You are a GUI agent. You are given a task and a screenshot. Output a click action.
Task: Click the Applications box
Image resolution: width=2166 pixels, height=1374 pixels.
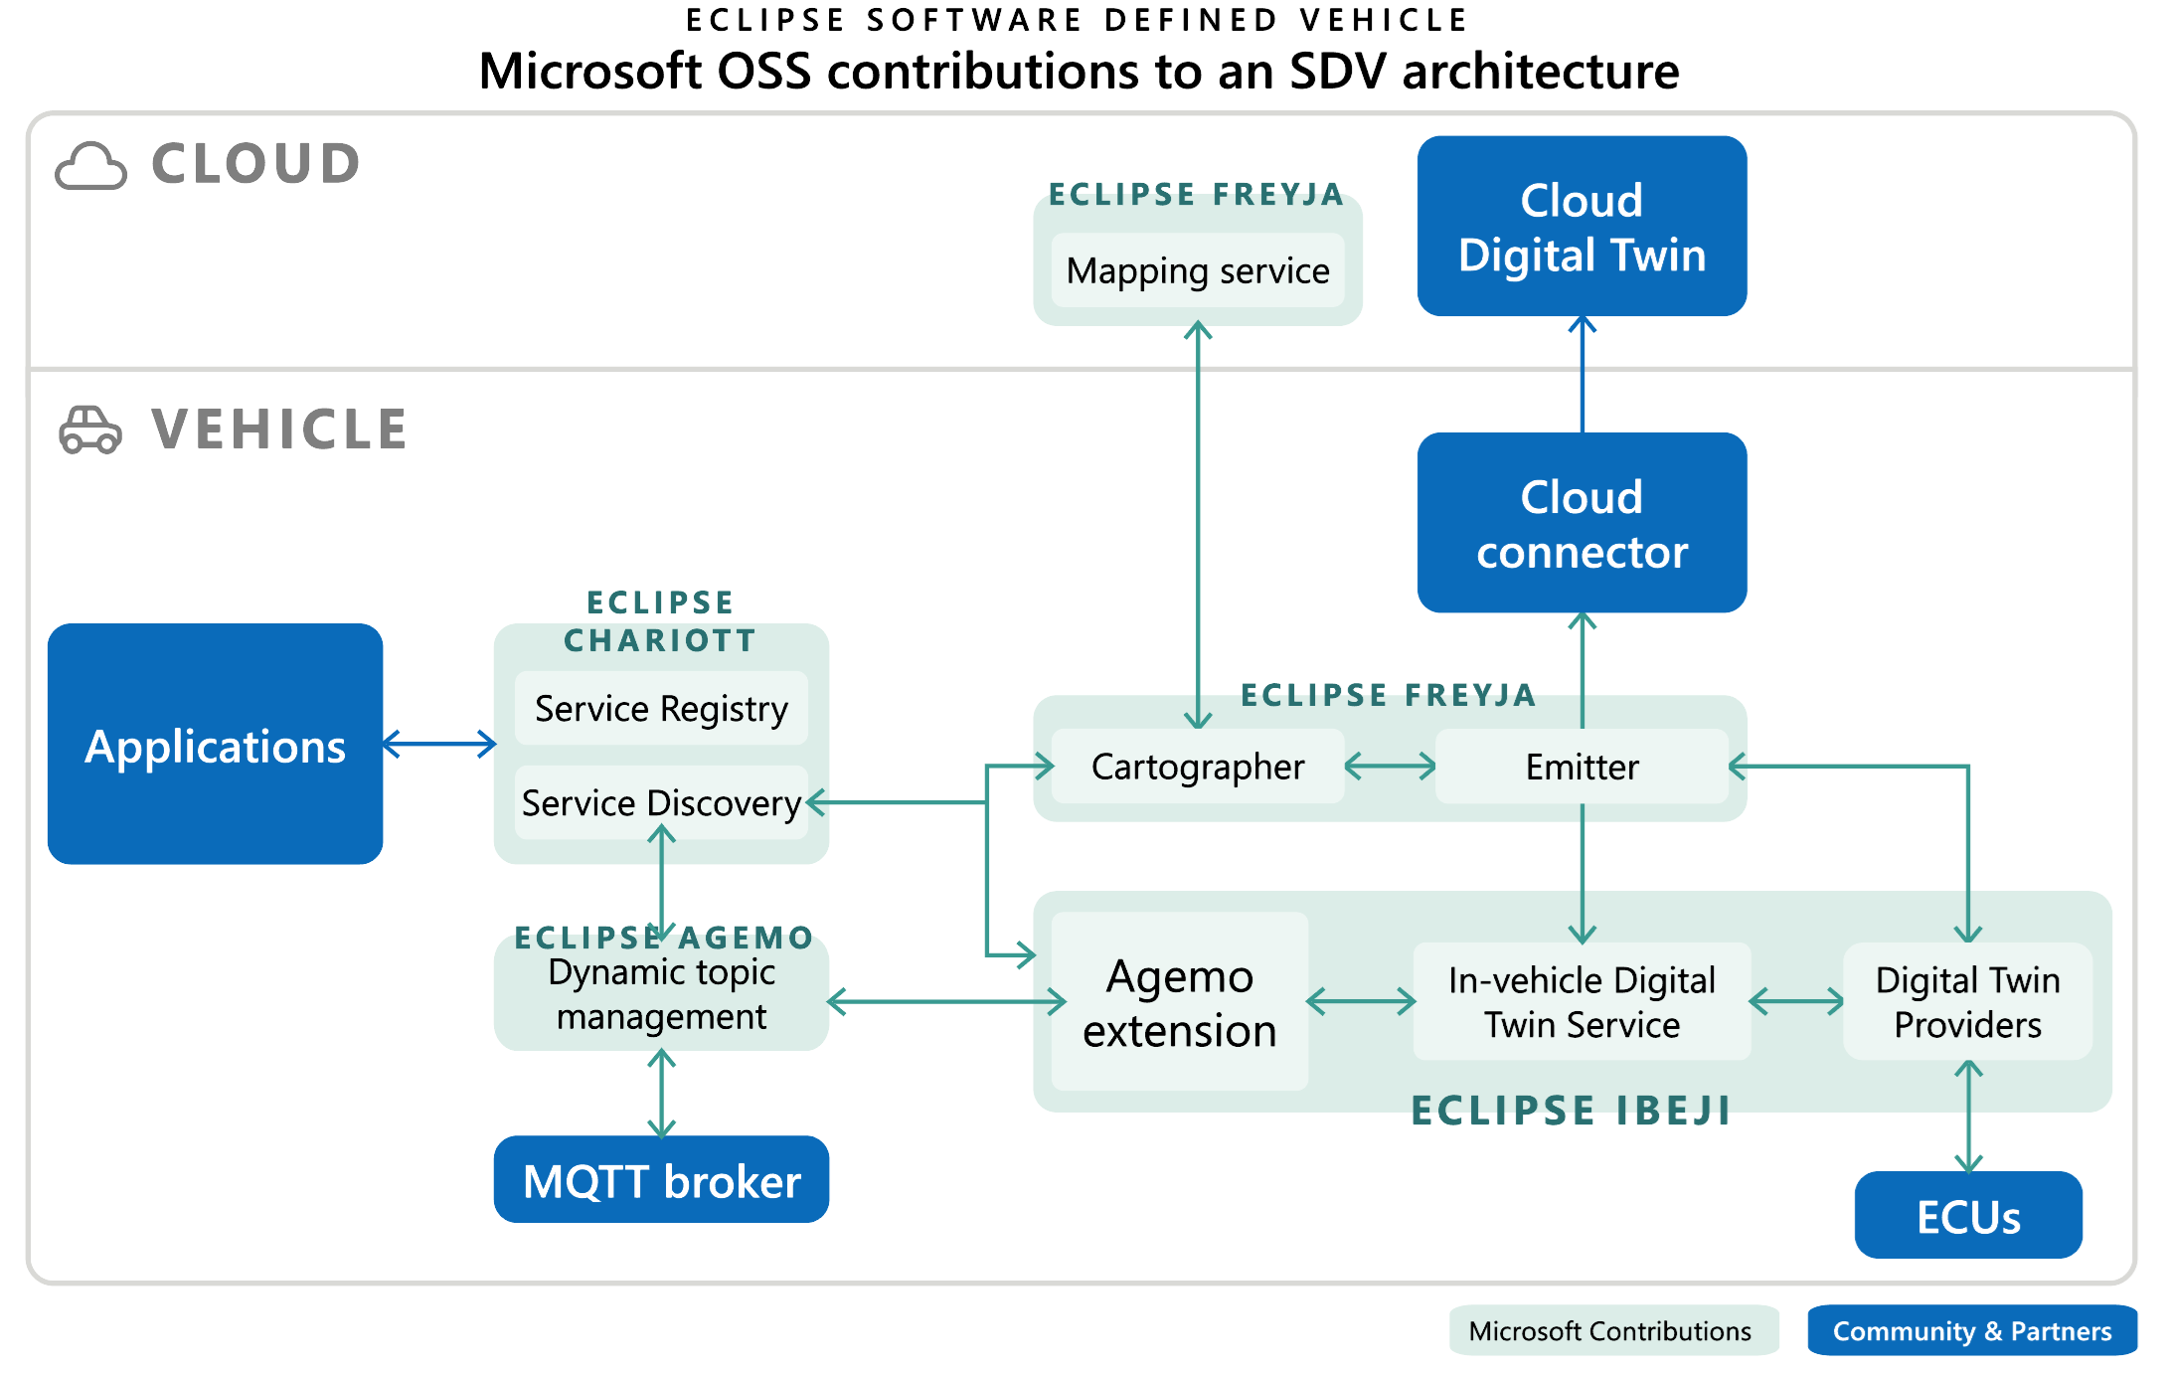point(215,744)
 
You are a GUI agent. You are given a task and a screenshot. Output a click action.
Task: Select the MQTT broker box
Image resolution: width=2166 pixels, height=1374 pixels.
point(661,1180)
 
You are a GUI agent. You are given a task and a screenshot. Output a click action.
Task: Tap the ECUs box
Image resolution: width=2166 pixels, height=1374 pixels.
point(1967,1215)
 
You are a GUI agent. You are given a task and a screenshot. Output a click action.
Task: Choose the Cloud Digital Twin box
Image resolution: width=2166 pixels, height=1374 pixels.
point(1582,227)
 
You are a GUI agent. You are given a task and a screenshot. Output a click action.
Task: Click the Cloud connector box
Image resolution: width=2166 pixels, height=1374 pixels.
point(1582,523)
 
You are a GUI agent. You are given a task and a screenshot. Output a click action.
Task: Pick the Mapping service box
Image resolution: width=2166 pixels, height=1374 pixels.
point(1197,270)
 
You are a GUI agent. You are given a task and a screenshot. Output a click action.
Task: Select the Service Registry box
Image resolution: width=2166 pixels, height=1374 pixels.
point(661,709)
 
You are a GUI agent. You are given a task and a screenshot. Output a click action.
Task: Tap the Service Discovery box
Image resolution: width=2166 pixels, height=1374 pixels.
point(661,802)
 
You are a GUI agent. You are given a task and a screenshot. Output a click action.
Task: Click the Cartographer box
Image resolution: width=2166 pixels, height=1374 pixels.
point(1197,767)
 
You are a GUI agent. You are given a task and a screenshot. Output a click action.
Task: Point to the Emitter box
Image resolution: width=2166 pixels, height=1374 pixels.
point(1582,767)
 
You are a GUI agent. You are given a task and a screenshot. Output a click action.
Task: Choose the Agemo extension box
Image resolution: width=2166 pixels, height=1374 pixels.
point(1179,1002)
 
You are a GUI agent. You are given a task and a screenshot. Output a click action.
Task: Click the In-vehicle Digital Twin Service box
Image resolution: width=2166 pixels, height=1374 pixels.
point(1582,1002)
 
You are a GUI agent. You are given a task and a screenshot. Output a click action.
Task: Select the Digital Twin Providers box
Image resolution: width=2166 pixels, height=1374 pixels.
point(1967,1002)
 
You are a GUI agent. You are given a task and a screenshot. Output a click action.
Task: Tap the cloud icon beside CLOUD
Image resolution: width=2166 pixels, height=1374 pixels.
point(90,166)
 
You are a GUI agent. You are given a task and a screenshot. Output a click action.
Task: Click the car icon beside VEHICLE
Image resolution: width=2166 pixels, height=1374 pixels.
point(90,430)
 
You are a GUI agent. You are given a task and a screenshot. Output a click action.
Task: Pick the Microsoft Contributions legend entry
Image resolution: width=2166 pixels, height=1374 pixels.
point(1610,1330)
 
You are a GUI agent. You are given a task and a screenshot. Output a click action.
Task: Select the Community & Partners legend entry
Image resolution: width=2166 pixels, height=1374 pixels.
point(1971,1330)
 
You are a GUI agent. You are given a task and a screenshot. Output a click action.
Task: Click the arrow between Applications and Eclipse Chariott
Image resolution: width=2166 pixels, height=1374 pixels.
point(438,744)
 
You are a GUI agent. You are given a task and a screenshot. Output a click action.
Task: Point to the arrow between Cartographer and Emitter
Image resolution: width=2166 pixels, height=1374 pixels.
point(1390,767)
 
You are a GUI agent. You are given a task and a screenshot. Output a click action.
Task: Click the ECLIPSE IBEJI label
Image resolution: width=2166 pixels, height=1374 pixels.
point(1571,1111)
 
